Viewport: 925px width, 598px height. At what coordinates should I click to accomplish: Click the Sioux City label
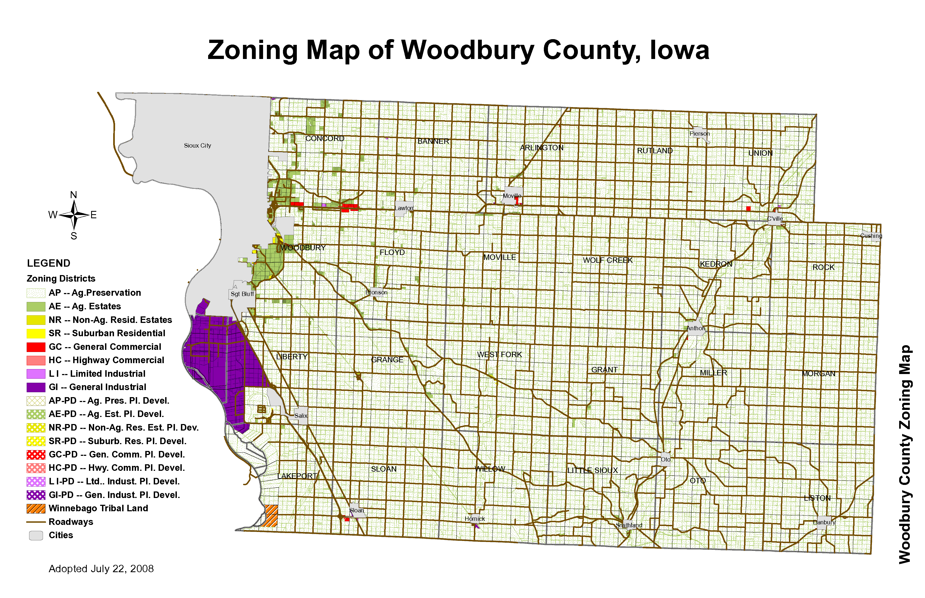198,146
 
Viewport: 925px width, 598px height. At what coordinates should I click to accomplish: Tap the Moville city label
512,196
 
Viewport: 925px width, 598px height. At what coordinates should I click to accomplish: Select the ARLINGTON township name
541,148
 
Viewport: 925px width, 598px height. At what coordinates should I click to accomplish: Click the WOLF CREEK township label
608,260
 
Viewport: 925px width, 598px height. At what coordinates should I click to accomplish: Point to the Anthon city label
696,328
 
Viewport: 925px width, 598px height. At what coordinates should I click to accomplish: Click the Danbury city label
824,522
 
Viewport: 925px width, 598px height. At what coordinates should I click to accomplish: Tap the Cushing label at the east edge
871,236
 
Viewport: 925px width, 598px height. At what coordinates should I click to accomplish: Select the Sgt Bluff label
242,294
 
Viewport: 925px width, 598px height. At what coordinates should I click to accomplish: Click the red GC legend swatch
36,347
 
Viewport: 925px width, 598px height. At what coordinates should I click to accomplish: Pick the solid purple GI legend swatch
36,387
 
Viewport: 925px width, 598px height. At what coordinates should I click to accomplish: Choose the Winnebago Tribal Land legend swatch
36,508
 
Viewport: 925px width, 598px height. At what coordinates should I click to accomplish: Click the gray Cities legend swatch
36,535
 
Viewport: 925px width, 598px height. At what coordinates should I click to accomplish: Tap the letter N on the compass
73,195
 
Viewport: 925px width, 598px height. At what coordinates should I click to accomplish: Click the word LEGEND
49,263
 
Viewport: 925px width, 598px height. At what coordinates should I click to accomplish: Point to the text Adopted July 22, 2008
101,569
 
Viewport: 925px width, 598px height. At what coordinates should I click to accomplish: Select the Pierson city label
699,133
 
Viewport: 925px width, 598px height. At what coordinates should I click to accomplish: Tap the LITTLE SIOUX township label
592,470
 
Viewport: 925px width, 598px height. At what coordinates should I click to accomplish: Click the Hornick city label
474,519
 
